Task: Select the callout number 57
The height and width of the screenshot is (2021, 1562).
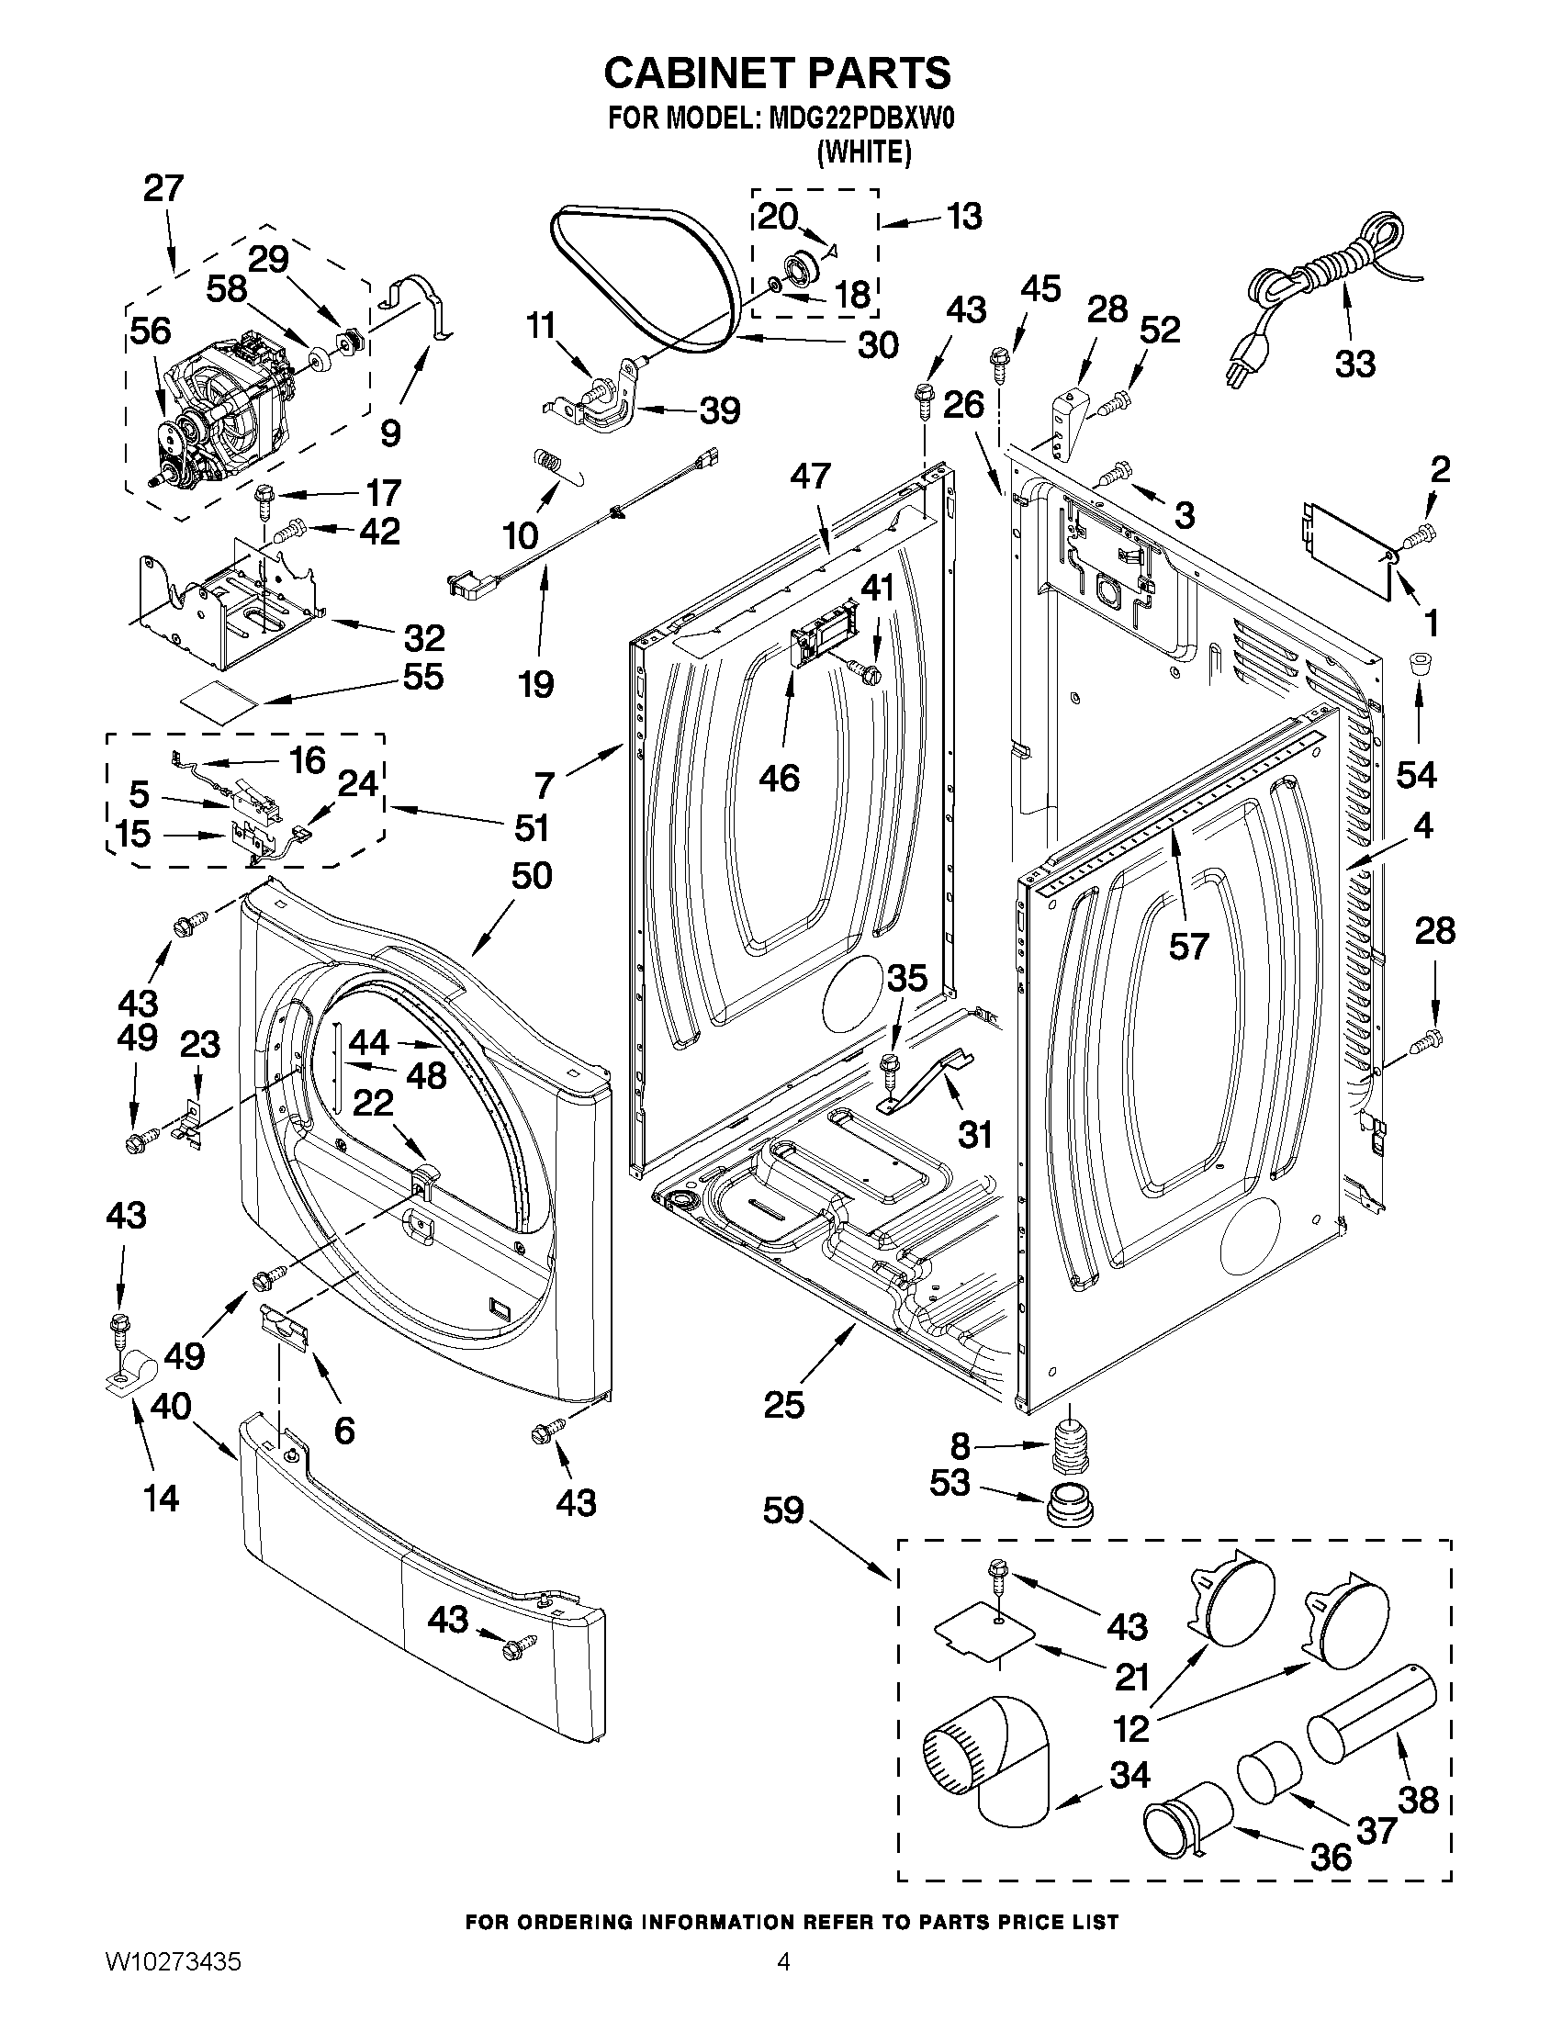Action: (x=1188, y=945)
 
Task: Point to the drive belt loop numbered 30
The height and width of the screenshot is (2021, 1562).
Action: (x=646, y=282)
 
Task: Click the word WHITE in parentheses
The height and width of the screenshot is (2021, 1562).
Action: (x=864, y=152)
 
